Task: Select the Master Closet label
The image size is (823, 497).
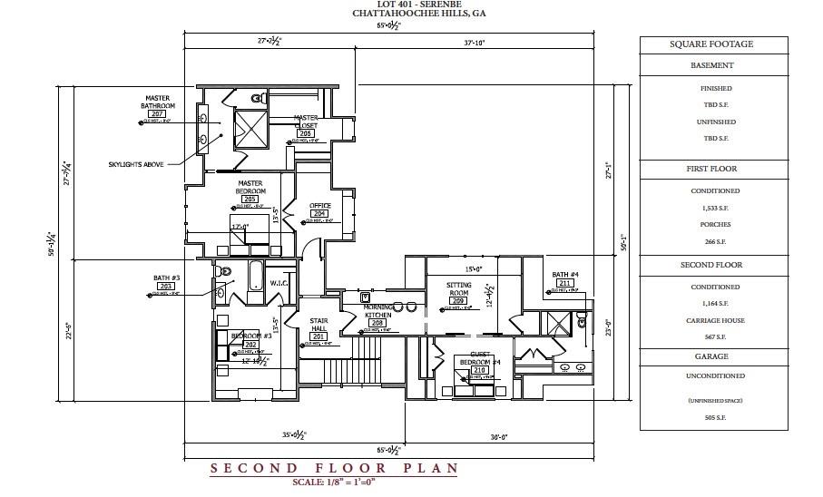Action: point(306,121)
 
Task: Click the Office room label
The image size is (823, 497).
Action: point(319,205)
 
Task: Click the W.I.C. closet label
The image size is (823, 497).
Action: point(279,283)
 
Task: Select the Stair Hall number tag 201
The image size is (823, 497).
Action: point(318,336)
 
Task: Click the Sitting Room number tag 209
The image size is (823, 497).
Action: point(458,300)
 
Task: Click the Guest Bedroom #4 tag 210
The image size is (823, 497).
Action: point(480,369)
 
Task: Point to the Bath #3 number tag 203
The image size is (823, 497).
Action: point(166,286)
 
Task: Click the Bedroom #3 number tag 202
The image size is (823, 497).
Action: point(250,345)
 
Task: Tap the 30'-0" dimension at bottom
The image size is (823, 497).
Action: point(498,436)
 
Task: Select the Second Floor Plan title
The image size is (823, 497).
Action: point(334,469)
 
